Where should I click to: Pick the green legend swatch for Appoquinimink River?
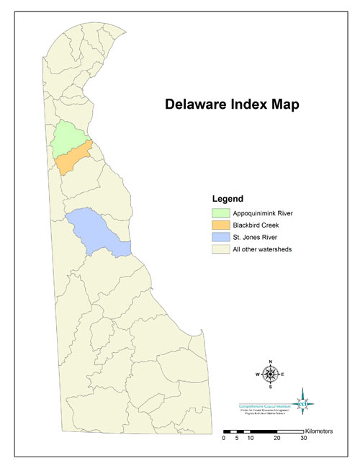[220, 213]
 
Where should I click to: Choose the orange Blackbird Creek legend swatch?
[220, 225]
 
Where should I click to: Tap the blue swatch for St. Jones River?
[220, 238]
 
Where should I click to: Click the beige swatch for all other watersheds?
[220, 250]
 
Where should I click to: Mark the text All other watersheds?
[262, 250]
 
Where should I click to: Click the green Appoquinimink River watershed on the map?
[71, 137]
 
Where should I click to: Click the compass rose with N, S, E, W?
[270, 373]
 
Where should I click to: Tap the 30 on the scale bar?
[303, 438]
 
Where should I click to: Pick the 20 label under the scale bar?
[276, 438]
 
